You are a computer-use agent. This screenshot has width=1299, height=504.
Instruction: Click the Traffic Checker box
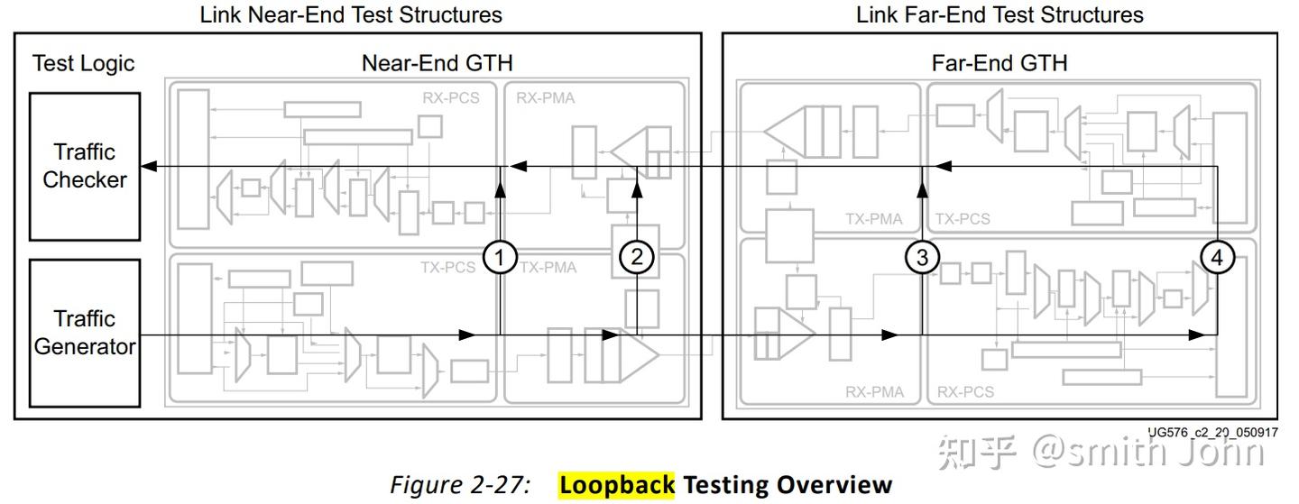click(85, 166)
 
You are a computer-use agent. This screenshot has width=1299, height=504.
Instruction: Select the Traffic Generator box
click(85, 333)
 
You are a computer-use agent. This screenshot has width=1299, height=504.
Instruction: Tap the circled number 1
click(499, 258)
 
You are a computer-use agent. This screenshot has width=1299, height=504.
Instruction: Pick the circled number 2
click(637, 258)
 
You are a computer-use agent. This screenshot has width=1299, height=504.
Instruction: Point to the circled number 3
click(922, 258)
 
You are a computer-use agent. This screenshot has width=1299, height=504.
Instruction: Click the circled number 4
click(1217, 258)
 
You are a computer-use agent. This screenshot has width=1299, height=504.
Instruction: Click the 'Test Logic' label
click(83, 63)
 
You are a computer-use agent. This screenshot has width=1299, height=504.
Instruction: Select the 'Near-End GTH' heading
click(437, 63)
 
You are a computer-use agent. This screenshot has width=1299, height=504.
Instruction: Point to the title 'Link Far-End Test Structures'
click(1000, 15)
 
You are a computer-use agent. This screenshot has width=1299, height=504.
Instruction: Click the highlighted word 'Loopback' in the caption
click(617, 485)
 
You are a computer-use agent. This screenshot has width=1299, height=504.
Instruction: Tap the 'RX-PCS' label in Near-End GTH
click(451, 98)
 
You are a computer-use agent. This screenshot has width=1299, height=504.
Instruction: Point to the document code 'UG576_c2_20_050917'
click(1212, 432)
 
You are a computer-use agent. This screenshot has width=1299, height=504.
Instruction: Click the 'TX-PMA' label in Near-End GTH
click(547, 267)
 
